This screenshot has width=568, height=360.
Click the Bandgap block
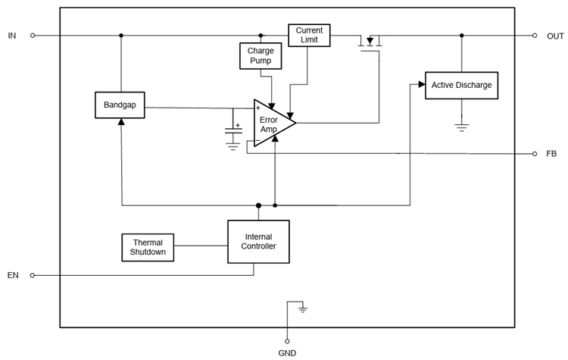(x=120, y=105)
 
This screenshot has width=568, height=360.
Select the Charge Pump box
(x=261, y=55)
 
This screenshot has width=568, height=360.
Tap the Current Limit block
(x=309, y=35)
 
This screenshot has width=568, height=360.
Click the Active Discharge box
(x=461, y=85)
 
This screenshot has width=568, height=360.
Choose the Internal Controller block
(x=258, y=242)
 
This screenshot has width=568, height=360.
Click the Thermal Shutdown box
(x=148, y=247)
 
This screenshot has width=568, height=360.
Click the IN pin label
(x=12, y=36)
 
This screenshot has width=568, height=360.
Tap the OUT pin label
(x=555, y=36)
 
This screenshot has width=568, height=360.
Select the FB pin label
(x=551, y=154)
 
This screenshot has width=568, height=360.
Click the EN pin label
(x=13, y=275)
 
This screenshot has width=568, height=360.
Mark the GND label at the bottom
(x=287, y=353)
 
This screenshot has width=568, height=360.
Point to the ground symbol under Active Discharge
(x=461, y=127)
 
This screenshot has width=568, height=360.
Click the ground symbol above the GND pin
(x=303, y=309)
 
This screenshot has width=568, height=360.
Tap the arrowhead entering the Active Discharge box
(x=420, y=85)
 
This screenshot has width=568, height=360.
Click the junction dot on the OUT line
(x=461, y=36)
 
